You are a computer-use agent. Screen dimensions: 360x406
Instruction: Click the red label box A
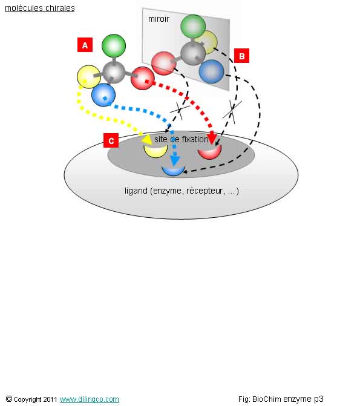point(85,45)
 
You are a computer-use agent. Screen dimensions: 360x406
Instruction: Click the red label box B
point(241,56)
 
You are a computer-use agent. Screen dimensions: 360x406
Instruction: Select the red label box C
point(111,140)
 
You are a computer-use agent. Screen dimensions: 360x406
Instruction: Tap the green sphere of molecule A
point(114,46)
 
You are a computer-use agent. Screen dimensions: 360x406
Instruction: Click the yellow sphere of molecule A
point(88,77)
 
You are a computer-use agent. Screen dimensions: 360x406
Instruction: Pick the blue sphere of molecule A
point(103,95)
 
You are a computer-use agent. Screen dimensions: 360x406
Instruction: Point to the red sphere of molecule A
point(142,78)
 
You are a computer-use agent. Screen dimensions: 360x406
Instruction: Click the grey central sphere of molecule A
point(114,72)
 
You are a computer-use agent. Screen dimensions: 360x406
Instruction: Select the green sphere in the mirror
point(193,27)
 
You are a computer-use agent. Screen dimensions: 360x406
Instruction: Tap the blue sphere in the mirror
point(211,71)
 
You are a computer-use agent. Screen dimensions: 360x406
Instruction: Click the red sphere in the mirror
point(164,63)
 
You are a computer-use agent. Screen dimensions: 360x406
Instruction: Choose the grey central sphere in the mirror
point(193,53)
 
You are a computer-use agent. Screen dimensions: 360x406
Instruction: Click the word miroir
point(159,19)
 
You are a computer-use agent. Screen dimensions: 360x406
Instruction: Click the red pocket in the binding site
point(209,152)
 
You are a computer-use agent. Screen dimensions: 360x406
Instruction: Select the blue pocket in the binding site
point(173,171)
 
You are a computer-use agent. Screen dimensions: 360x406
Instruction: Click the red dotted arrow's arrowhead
point(212,138)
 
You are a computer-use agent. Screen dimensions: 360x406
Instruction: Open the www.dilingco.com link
point(90,399)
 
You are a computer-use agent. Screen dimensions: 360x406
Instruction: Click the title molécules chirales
point(40,8)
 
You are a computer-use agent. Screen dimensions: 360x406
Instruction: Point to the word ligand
point(136,191)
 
